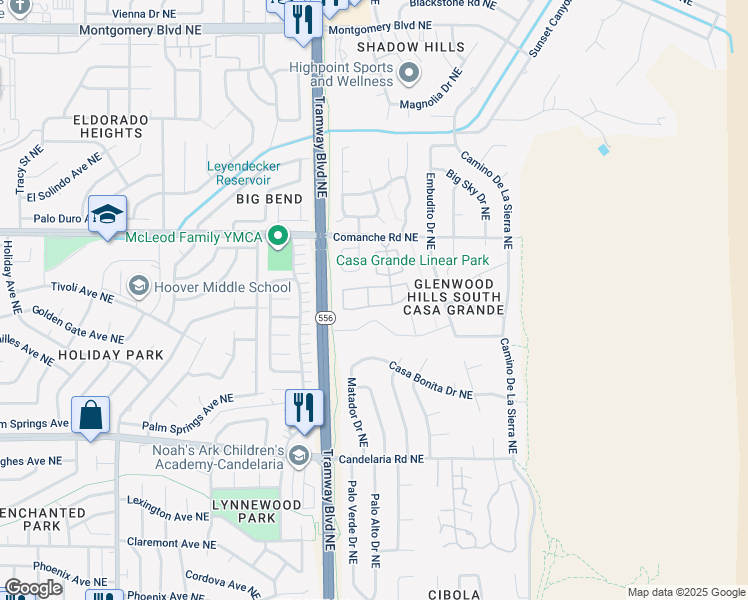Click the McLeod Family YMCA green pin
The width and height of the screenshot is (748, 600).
coord(279,237)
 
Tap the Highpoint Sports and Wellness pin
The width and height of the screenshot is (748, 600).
coord(408,73)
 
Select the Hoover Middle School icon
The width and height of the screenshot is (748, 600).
coord(139,287)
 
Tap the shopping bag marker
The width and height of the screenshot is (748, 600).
coord(90,415)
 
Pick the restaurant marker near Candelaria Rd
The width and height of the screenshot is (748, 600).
coord(304,408)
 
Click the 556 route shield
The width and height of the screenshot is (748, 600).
coord(326,317)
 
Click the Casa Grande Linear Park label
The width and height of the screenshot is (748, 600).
coord(412,261)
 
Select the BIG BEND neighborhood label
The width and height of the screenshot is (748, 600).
coord(268,200)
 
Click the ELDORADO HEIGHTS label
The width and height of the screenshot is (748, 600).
coord(110,126)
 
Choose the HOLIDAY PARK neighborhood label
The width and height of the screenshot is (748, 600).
coord(110,355)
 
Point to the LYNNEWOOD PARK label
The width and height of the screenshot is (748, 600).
coord(257,511)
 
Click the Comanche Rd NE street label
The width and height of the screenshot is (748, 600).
coord(375,238)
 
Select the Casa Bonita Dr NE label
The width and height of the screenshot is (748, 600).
coord(430,380)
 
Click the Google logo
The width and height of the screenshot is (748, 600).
coord(33,588)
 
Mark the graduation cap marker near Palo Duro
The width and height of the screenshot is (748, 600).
coord(107,214)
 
